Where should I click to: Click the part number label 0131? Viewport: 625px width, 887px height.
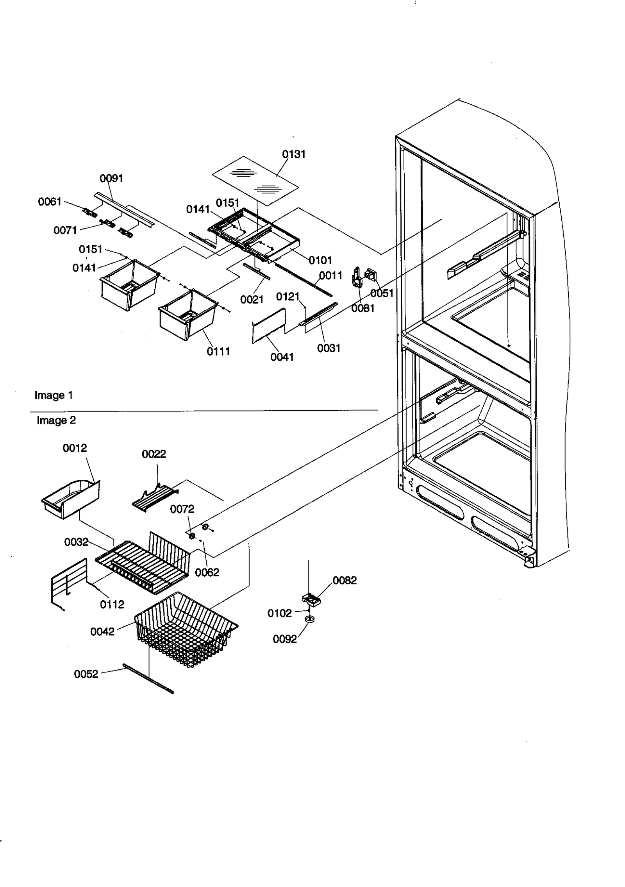(293, 154)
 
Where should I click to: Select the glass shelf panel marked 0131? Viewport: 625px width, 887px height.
(255, 181)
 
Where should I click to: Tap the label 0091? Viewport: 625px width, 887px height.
(111, 179)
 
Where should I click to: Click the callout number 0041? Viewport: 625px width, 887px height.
(282, 357)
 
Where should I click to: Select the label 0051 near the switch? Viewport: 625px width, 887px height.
(382, 293)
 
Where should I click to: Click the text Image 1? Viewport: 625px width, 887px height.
(54, 395)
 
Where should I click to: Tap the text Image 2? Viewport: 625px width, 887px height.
(56, 420)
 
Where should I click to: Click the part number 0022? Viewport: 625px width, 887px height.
(154, 454)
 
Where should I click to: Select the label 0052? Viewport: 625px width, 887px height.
(86, 674)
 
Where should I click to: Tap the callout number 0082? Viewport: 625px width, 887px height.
(345, 580)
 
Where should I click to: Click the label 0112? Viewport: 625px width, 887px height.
(112, 604)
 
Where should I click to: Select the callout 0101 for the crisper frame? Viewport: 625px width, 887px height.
(320, 260)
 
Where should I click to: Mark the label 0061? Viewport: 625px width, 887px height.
(50, 202)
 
